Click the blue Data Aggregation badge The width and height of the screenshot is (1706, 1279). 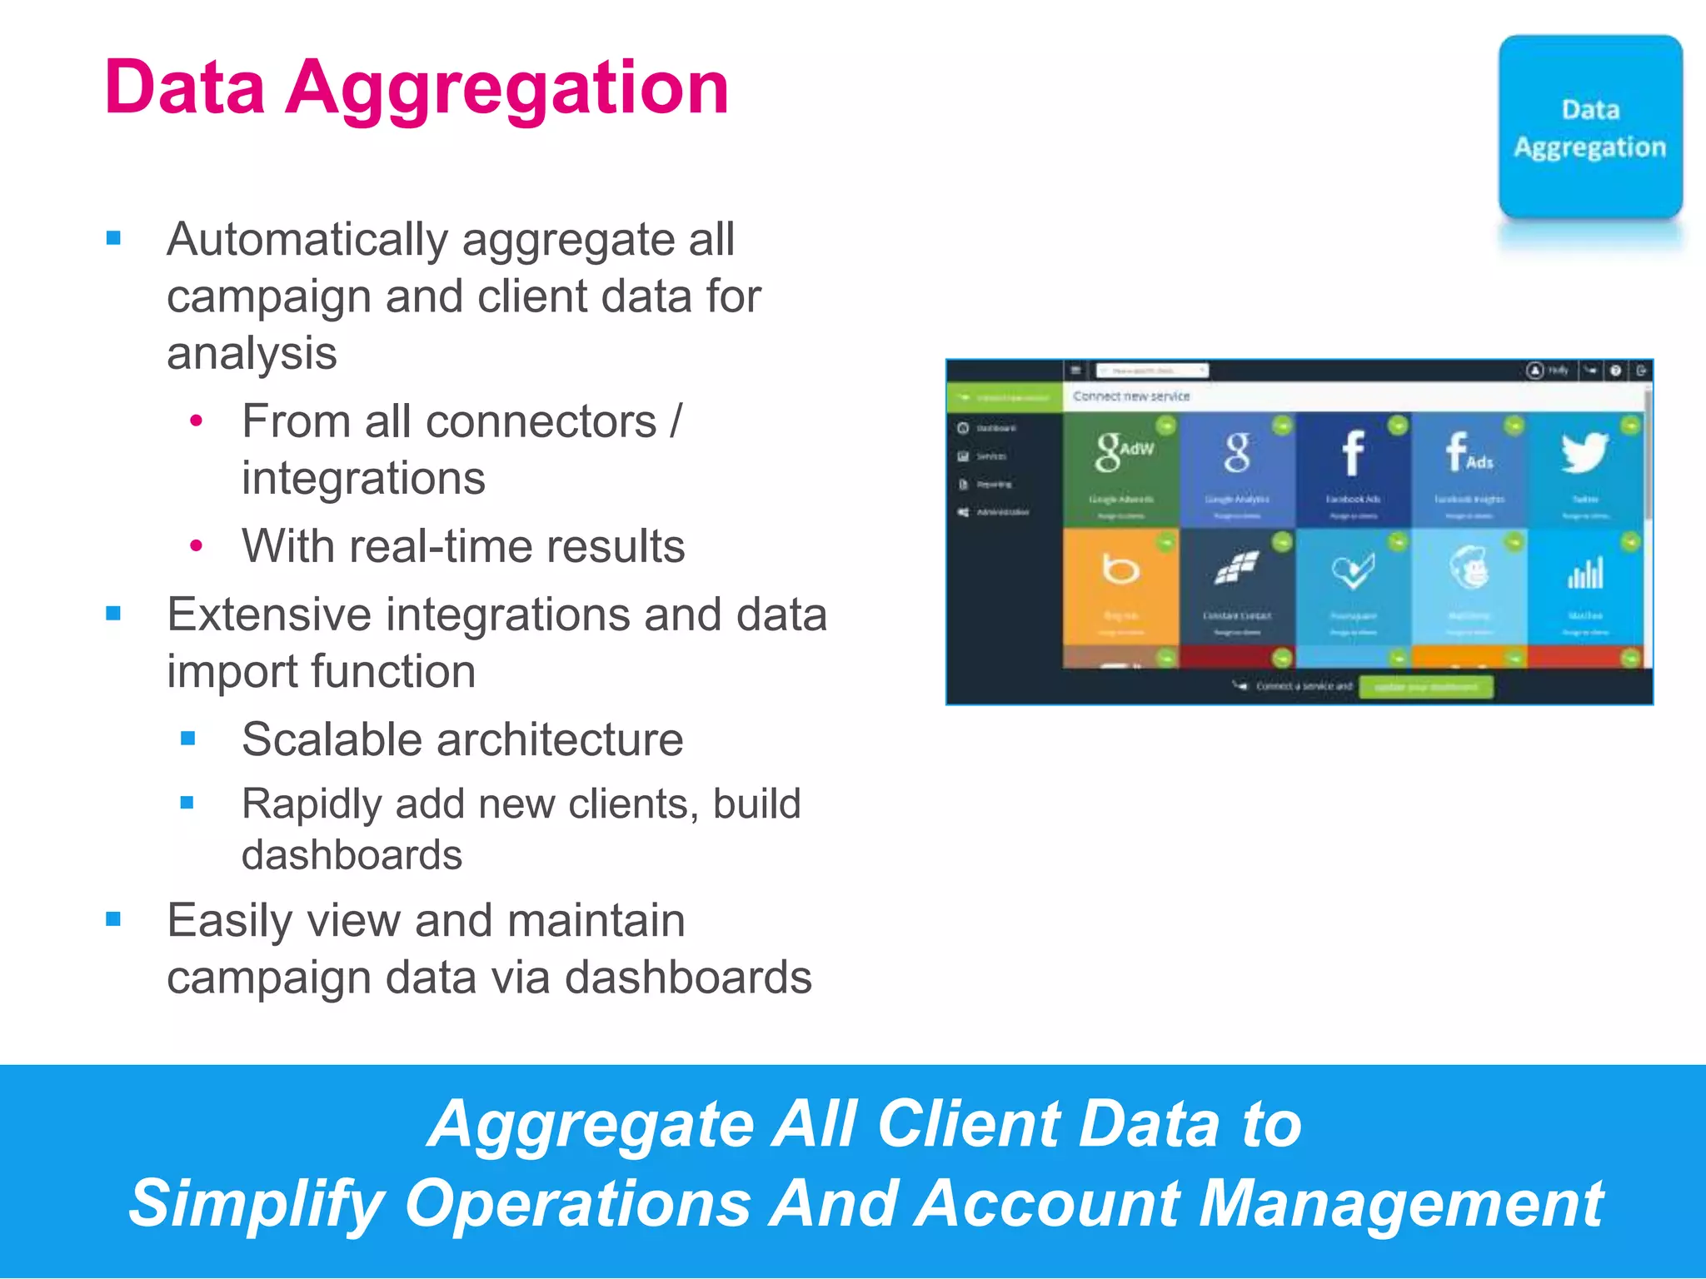[x=1589, y=127]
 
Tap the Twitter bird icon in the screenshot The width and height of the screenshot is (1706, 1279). [x=1584, y=453]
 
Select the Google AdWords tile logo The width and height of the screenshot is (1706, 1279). [x=1121, y=452]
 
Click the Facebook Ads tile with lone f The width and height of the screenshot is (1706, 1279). [x=1353, y=454]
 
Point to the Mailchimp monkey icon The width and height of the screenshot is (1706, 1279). [x=1469, y=569]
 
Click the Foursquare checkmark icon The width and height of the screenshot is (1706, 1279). [x=1353, y=570]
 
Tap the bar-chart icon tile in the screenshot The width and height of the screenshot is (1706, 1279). [x=1584, y=573]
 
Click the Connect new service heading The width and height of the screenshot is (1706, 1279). [x=1130, y=396]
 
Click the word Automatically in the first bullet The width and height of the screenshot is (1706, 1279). [x=307, y=240]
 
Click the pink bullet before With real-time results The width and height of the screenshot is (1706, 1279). [x=197, y=546]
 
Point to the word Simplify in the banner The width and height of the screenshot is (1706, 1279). [x=256, y=1203]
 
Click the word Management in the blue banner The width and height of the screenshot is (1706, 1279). [x=1399, y=1203]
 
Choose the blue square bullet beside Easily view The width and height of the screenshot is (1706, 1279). [x=114, y=919]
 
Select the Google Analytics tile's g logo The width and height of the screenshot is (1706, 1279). [x=1237, y=453]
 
